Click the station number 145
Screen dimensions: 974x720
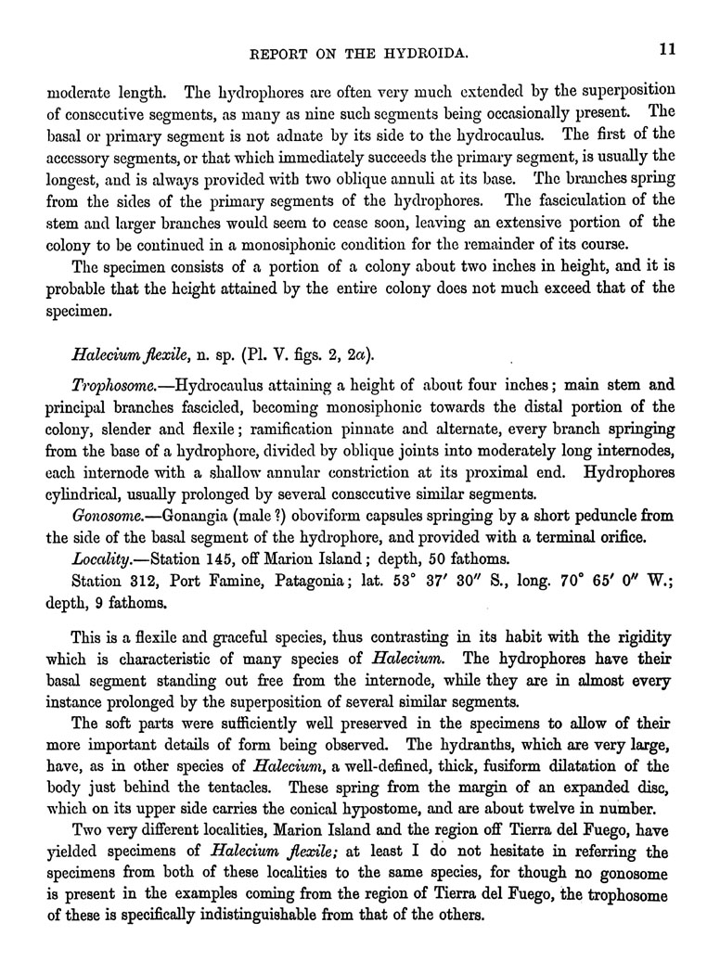228,559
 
